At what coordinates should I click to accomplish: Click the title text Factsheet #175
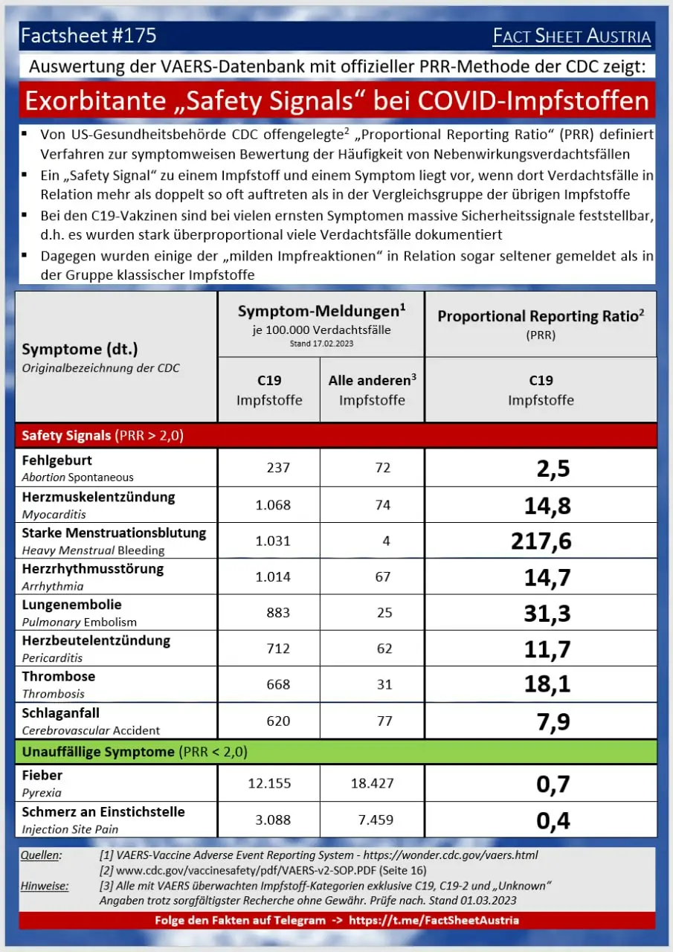(89, 35)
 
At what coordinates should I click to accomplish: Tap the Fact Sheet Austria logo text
(572, 36)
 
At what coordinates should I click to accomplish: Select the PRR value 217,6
(541, 541)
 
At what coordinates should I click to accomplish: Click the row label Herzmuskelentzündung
(98, 497)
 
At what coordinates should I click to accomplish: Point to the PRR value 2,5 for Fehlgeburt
(553, 469)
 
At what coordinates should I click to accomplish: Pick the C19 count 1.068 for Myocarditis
(272, 505)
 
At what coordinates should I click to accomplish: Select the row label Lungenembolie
(71, 605)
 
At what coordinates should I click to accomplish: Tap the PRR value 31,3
(547, 612)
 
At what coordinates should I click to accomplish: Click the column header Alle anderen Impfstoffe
(372, 390)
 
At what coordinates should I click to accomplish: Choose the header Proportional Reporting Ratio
(540, 316)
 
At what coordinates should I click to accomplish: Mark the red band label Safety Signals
(66, 436)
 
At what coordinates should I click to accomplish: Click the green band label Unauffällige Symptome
(97, 752)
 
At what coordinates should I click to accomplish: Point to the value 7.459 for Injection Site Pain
(375, 820)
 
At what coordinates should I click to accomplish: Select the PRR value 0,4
(553, 820)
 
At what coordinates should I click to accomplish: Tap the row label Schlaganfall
(61, 713)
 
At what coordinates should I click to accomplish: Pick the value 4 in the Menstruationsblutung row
(386, 541)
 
